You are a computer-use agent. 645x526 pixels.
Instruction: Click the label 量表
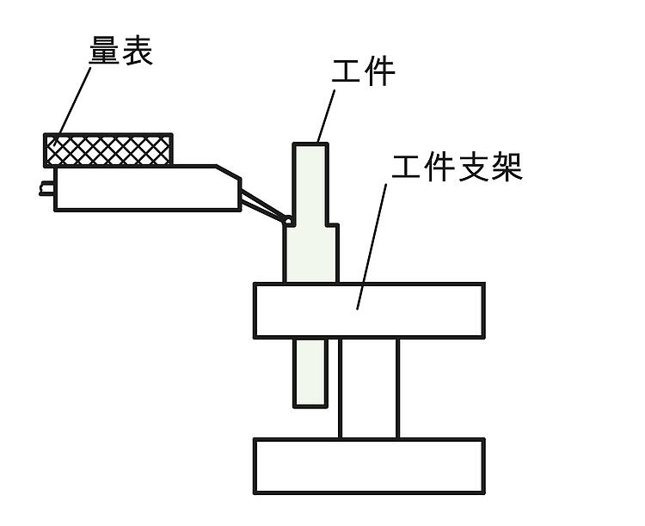(120, 52)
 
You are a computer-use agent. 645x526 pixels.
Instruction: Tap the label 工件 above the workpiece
(363, 71)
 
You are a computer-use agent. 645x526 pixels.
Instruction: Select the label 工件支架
(457, 168)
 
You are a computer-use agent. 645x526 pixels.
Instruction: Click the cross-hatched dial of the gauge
(108, 150)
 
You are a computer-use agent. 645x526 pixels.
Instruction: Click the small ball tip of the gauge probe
(289, 221)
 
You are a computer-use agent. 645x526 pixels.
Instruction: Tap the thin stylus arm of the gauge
(262, 207)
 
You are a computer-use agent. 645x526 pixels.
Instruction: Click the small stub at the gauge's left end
(46, 190)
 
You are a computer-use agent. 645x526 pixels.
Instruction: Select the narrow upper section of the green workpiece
(310, 180)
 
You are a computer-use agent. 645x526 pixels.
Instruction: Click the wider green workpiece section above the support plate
(311, 254)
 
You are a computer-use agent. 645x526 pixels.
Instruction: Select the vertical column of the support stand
(369, 388)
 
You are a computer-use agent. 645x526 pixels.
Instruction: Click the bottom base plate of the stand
(370, 466)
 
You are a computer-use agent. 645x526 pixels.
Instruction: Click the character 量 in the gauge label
(104, 52)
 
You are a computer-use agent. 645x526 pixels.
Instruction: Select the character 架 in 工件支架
(507, 168)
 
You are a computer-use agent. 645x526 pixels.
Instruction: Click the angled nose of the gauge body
(230, 185)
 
